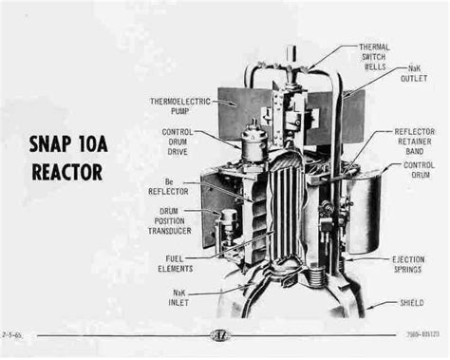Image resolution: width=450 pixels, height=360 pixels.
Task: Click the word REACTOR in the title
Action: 64,175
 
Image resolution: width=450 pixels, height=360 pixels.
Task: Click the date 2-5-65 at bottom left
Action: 14,335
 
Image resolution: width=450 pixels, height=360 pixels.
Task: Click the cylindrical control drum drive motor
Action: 253,146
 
